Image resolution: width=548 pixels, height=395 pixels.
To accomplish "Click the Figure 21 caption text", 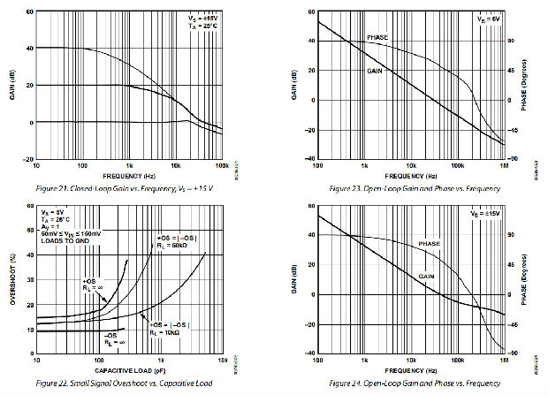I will point(126,188).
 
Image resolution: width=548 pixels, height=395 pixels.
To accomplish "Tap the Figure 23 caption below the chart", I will point(412,188).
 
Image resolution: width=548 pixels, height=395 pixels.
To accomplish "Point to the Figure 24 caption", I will point(412,383).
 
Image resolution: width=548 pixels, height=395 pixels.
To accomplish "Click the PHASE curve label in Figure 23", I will point(377,38).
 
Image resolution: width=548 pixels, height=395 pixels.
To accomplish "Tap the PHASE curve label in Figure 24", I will point(430,243).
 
